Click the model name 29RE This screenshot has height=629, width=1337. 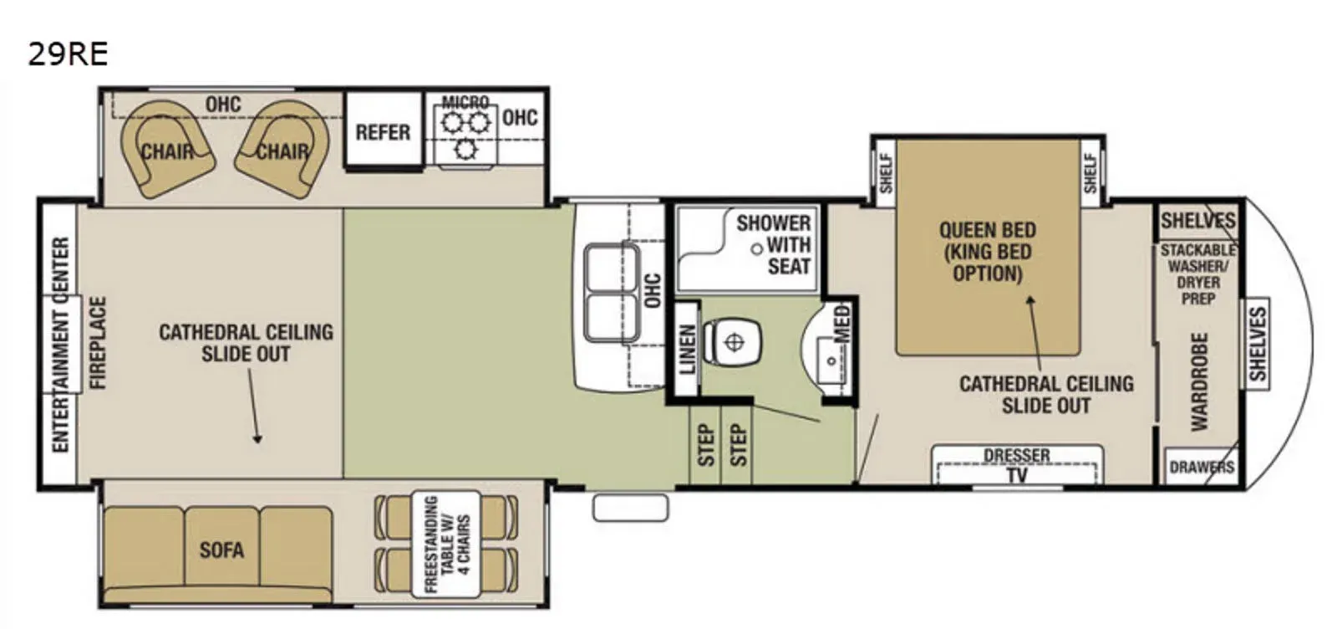[x=68, y=54]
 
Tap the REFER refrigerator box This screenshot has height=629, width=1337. [x=384, y=130]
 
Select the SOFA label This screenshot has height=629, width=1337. [x=221, y=550]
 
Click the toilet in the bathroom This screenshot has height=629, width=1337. [x=732, y=342]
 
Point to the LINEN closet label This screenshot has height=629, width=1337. [x=688, y=350]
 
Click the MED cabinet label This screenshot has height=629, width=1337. [x=841, y=324]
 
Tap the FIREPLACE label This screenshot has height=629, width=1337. [x=97, y=342]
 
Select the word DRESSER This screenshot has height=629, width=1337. [x=1016, y=455]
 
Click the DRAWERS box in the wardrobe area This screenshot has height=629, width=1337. [x=1201, y=467]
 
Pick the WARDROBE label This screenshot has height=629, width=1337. [x=1199, y=381]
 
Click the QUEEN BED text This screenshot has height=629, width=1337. [x=987, y=230]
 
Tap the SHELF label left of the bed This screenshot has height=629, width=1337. [x=887, y=173]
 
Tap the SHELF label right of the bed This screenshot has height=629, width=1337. [x=1090, y=173]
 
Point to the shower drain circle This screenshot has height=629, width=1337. [x=757, y=249]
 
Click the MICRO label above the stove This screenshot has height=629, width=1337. [x=465, y=102]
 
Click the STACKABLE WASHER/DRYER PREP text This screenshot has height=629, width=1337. [x=1198, y=274]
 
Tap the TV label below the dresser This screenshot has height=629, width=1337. [x=1017, y=475]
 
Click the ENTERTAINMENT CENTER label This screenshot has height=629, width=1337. [x=61, y=345]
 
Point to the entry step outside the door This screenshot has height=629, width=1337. [x=630, y=508]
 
